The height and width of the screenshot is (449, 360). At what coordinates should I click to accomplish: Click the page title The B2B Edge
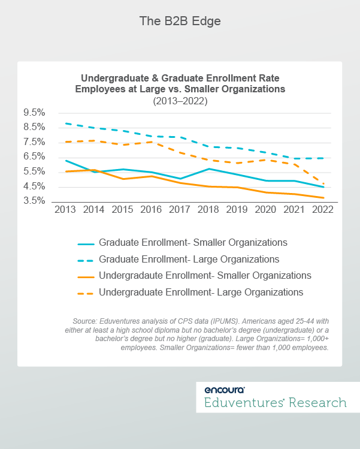(x=180, y=22)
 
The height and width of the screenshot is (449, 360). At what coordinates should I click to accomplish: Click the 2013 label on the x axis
(x=65, y=210)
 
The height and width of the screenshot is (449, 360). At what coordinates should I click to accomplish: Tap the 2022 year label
(x=323, y=210)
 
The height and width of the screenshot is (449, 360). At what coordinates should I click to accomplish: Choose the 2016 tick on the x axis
(x=150, y=210)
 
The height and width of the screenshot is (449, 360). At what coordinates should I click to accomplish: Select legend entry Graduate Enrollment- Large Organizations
(x=189, y=260)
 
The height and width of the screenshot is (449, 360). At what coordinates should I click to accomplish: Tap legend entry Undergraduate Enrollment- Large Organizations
(x=201, y=292)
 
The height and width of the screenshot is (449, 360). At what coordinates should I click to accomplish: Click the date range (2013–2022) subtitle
(x=180, y=102)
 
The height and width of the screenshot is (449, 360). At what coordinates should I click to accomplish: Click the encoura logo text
(x=224, y=389)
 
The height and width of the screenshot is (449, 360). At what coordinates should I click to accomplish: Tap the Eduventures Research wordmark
(x=275, y=402)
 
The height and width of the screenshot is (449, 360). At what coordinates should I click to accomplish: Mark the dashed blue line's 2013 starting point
(x=65, y=123)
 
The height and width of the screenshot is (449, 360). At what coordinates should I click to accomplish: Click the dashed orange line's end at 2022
(x=323, y=184)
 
